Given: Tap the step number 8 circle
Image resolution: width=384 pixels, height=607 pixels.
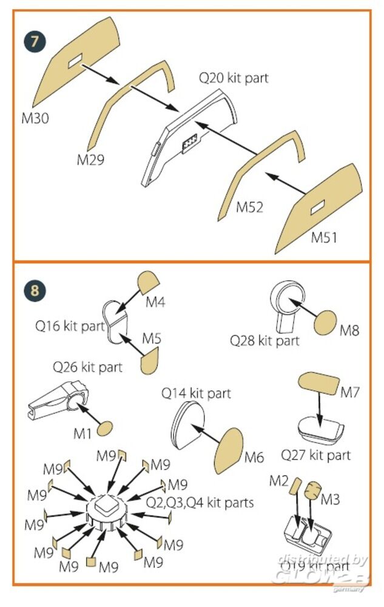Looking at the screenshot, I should tap(35, 290).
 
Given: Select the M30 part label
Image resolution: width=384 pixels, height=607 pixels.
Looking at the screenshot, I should tap(36, 118).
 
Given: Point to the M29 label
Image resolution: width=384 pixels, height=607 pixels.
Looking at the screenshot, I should tap(90, 160).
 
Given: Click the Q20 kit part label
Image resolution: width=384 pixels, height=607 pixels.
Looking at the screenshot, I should tap(234, 78).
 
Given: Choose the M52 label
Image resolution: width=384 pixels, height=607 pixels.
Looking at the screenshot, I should tap(250, 207).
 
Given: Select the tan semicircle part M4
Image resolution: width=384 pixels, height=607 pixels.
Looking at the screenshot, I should tap(148, 281).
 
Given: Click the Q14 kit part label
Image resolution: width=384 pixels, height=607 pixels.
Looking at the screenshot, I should tap(196, 393).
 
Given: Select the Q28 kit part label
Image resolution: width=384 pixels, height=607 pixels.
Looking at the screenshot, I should tap(264, 341).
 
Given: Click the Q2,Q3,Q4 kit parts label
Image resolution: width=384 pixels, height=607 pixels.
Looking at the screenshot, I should tap(200, 503).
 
